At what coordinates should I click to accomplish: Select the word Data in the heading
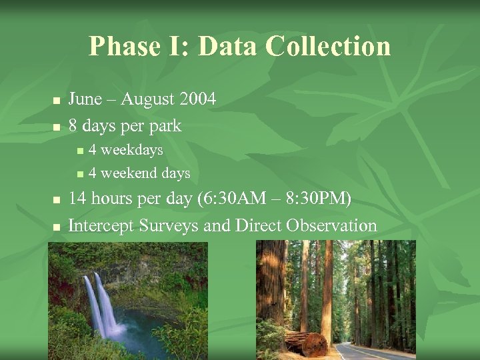tap(228, 47)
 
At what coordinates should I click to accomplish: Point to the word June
tap(85, 99)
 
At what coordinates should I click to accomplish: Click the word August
tap(142, 99)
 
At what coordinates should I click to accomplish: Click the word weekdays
tap(131, 150)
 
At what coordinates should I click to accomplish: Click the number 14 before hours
tap(77, 199)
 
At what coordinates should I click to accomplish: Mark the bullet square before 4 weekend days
tap(80, 175)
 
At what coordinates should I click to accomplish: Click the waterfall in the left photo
tap(100, 303)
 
